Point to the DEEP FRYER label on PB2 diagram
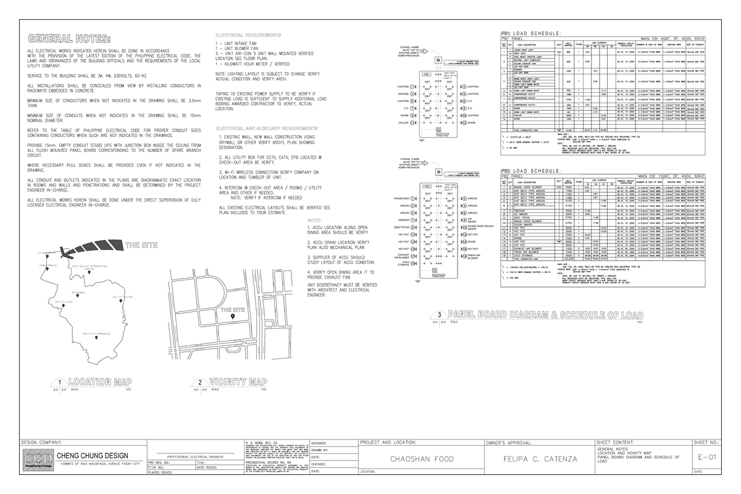401,227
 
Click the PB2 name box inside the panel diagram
427,186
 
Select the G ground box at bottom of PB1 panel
438,130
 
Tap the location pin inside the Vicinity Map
233,316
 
